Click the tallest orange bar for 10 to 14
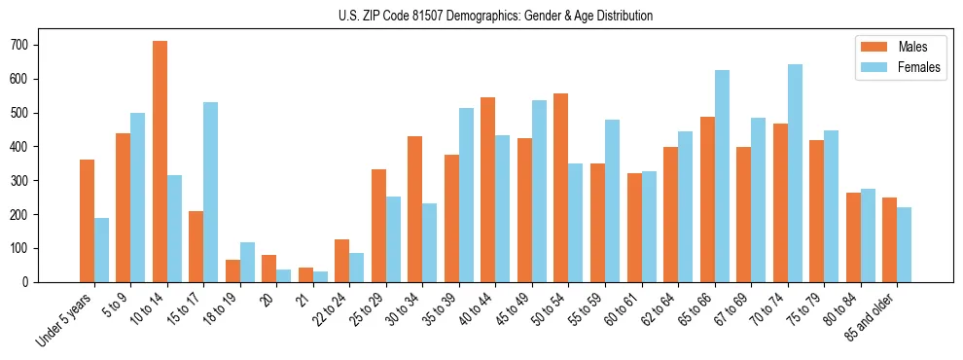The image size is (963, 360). [x=160, y=162]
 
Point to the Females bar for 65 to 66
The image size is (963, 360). [x=722, y=176]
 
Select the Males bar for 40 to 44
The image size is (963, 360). [x=488, y=190]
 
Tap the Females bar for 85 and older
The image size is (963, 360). [x=904, y=244]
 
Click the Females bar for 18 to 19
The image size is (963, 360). [x=247, y=262]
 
